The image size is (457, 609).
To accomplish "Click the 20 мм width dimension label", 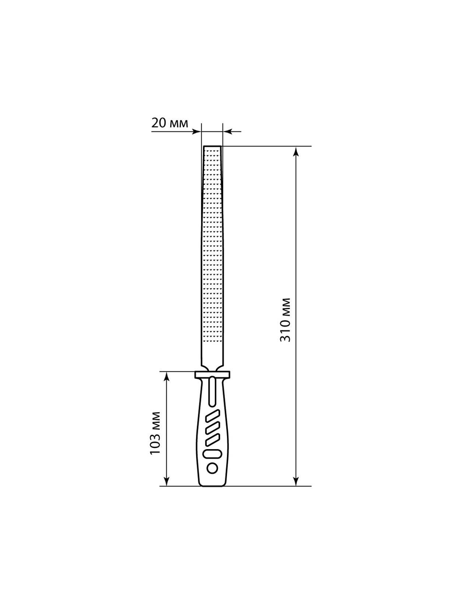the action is [x=170, y=123].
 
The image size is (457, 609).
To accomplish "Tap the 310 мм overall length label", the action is [x=285, y=320].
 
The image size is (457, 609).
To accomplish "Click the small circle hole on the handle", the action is [x=212, y=469].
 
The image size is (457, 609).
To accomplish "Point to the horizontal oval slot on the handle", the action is [x=212, y=454].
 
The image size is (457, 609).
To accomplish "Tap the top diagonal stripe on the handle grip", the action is [x=212, y=416].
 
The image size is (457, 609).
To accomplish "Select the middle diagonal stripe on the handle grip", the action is [x=212, y=428].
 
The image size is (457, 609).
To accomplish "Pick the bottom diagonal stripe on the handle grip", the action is [x=212, y=440].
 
